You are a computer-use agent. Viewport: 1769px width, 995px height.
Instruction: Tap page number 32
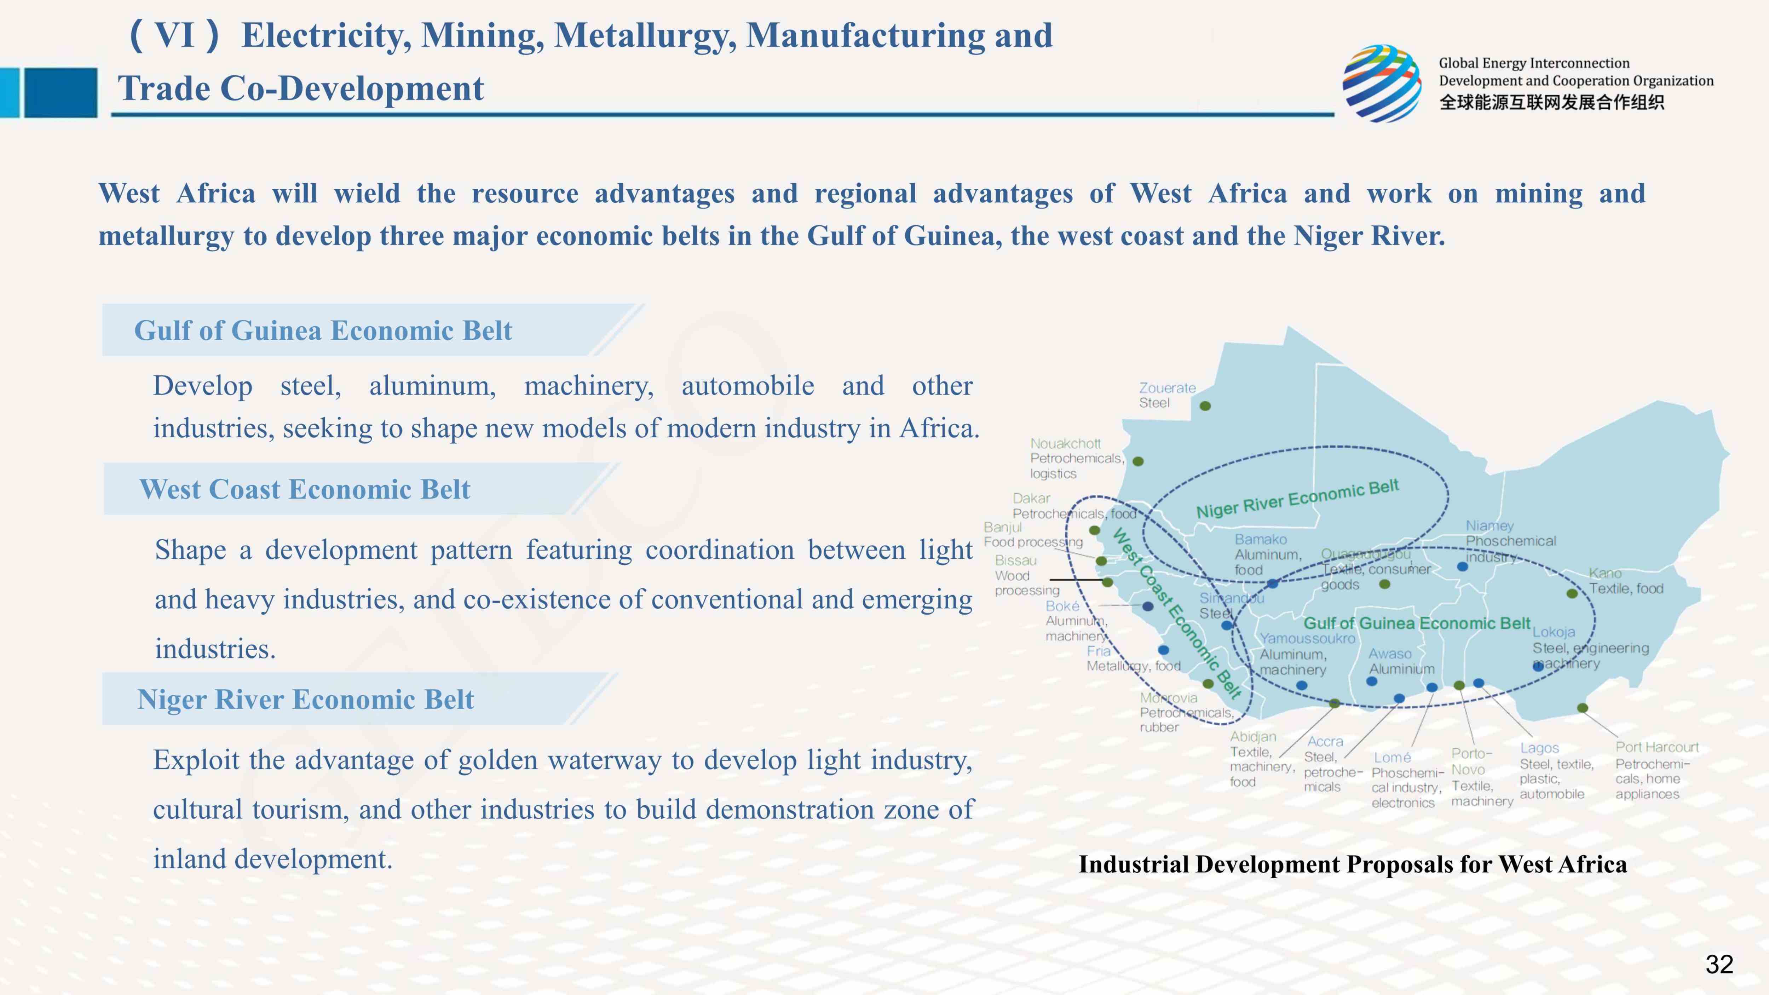click(x=1719, y=964)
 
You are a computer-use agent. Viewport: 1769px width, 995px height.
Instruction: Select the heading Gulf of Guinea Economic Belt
click(x=323, y=330)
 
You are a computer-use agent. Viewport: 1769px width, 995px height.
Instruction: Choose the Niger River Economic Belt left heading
click(x=306, y=699)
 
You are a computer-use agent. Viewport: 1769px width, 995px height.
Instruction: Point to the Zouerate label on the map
click(x=1167, y=388)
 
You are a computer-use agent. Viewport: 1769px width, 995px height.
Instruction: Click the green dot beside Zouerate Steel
click(x=1205, y=406)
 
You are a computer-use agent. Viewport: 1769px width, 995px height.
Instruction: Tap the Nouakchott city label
click(x=1065, y=444)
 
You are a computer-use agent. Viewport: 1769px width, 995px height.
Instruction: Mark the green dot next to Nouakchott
click(x=1138, y=461)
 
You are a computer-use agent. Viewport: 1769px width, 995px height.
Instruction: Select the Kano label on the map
click(x=1605, y=573)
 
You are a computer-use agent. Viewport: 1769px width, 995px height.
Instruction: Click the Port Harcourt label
click(x=1656, y=747)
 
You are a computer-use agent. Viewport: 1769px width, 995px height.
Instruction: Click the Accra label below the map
click(x=1325, y=742)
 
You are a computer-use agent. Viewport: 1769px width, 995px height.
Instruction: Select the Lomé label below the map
click(x=1392, y=758)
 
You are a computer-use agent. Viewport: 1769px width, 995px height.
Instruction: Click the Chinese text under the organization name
click(x=1551, y=102)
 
